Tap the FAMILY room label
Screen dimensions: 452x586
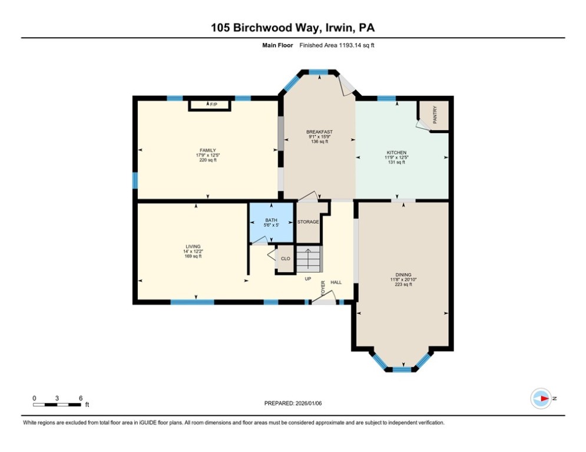tap(207, 150)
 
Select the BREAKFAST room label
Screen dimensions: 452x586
tap(319, 132)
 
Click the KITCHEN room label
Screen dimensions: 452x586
tap(396, 153)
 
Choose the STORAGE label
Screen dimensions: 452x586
tap(307, 222)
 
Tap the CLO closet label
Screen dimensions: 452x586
tap(285, 258)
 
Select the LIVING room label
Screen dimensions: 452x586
tap(193, 247)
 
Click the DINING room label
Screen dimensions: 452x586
tap(403, 275)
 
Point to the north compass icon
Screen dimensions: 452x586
tap(541, 398)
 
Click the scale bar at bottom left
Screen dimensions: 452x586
tap(57, 404)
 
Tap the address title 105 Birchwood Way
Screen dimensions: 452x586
tap(293, 28)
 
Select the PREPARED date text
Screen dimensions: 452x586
tap(293, 403)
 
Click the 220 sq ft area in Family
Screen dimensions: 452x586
tap(207, 160)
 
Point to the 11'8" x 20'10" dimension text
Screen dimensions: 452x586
tap(403, 280)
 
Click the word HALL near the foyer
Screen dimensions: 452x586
tap(336, 282)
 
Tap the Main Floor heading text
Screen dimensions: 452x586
tap(277, 45)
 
